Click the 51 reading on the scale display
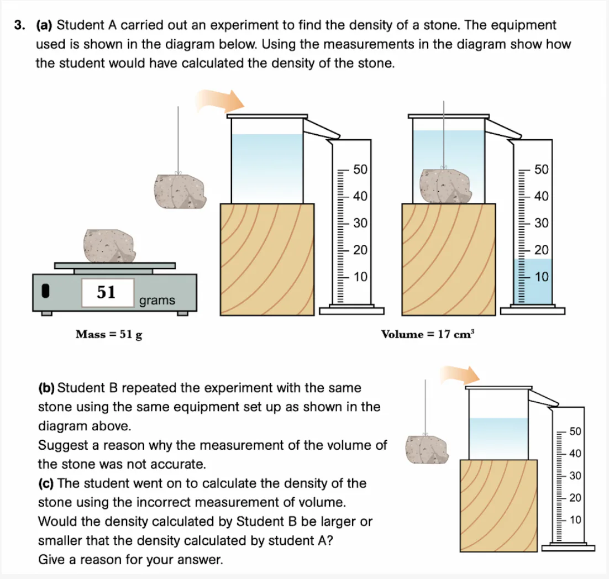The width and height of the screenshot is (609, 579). point(107,292)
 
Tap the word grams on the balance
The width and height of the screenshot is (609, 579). point(157,301)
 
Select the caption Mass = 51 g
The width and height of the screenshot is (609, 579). point(108,334)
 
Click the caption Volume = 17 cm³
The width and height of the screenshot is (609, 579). point(428,334)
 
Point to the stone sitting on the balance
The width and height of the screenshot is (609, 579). point(109,246)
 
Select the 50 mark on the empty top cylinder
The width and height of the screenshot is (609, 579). point(360,170)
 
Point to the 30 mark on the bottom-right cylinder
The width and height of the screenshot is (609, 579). point(575,476)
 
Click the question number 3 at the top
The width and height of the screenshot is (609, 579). point(20,25)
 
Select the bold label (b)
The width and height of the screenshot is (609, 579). point(46,388)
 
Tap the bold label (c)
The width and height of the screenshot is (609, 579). point(46,483)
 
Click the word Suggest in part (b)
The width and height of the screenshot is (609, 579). point(59,445)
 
